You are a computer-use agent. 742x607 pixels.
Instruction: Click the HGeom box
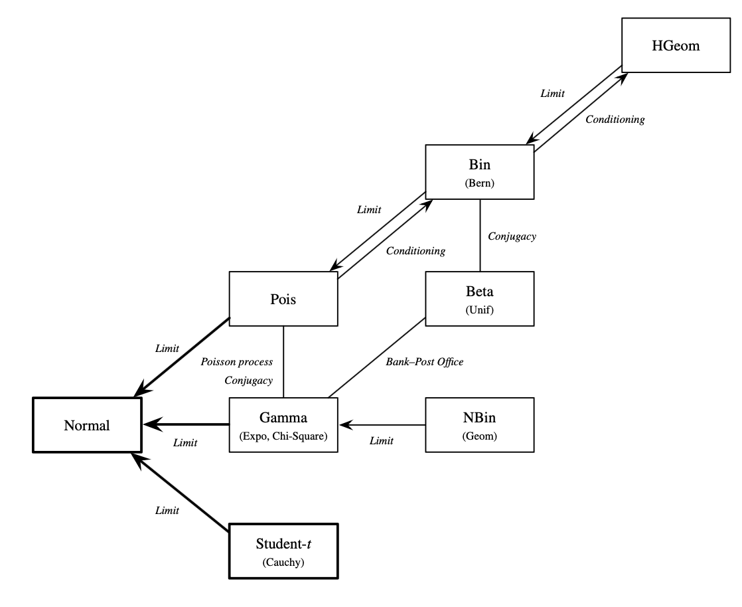[x=676, y=45]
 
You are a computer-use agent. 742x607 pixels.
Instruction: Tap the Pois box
[x=283, y=299]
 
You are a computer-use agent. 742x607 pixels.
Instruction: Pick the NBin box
[x=480, y=425]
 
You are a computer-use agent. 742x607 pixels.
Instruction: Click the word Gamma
[x=283, y=418]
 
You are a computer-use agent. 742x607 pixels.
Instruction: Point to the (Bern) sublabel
[x=480, y=183]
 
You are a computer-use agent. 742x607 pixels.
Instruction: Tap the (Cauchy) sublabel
[x=283, y=561]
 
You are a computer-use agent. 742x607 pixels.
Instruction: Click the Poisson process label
[x=237, y=362]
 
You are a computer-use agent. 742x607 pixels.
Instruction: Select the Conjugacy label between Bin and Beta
[x=512, y=236]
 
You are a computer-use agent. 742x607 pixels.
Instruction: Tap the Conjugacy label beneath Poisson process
[x=248, y=381]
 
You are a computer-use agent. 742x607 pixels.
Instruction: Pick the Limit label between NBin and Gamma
[x=382, y=440]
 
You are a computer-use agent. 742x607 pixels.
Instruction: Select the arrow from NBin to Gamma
[x=382, y=425]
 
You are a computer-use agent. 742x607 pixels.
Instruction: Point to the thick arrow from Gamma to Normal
[x=186, y=425]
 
